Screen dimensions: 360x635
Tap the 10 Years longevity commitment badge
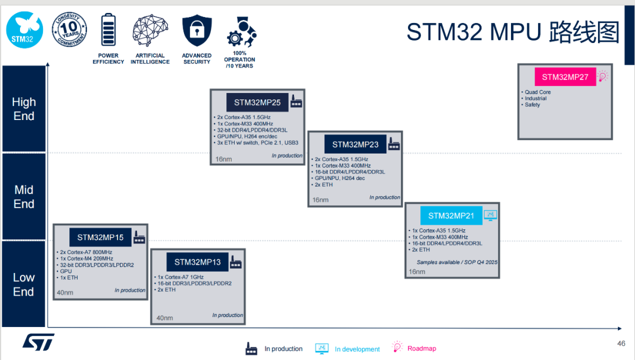tap(70, 29)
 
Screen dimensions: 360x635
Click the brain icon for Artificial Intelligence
tap(150, 31)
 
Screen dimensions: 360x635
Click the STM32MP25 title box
tap(257, 102)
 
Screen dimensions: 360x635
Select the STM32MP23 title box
tap(355, 144)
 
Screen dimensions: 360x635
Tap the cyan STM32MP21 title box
tap(451, 215)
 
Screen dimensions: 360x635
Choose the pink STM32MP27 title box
tap(564, 77)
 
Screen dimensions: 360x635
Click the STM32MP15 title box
tap(100, 238)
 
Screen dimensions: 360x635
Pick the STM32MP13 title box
tap(198, 262)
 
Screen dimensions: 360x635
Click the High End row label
tap(24, 109)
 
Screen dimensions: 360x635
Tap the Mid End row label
tap(24, 196)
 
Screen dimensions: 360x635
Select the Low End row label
tap(24, 284)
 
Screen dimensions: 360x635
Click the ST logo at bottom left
tap(38, 342)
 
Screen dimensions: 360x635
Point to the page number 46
tap(621, 344)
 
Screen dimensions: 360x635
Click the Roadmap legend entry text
tap(422, 348)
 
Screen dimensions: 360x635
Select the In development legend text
tap(357, 349)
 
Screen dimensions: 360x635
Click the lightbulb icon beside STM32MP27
tap(603, 76)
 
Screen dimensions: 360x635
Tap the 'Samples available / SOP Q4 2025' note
tap(457, 262)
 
